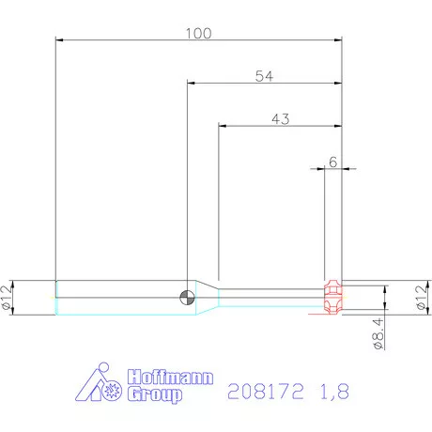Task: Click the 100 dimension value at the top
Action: pyautogui.click(x=198, y=33)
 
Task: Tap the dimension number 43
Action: pyautogui.click(x=279, y=119)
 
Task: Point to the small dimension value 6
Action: pyautogui.click(x=332, y=162)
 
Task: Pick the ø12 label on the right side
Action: pyautogui.click(x=420, y=297)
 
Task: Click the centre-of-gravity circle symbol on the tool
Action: pyautogui.click(x=188, y=297)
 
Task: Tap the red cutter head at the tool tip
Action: pyautogui.click(x=332, y=297)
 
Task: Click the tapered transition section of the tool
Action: pyautogui.click(x=207, y=297)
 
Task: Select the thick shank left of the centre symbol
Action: pyautogui.click(x=117, y=297)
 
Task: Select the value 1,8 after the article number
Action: pyautogui.click(x=333, y=393)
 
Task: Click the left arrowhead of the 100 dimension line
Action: pyautogui.click(x=60, y=40)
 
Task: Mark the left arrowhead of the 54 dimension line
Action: pyautogui.click(x=192, y=84)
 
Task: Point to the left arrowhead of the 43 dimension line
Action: pyautogui.click(x=223, y=127)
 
